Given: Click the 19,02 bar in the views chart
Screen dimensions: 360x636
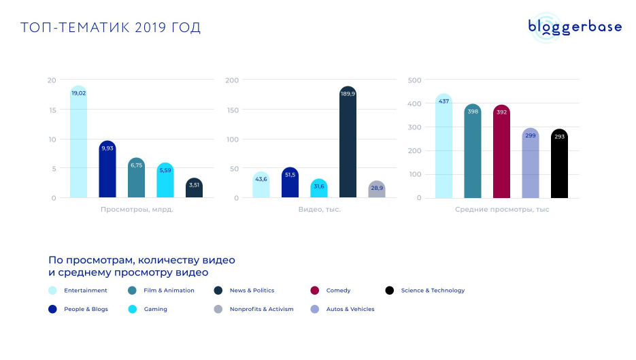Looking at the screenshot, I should coord(79,142).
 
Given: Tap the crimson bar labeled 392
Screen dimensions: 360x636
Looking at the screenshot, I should coord(501,152).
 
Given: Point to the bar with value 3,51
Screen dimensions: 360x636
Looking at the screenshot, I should coord(194,189).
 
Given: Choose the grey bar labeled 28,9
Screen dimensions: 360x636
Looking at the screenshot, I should coord(377,189).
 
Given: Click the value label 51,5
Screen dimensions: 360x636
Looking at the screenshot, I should coord(290,175).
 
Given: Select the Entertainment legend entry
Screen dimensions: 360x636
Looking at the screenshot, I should coord(85,291).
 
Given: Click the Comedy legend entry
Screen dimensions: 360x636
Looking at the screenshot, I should coord(338,291).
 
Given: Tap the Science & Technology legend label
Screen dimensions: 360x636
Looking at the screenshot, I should coord(433,291).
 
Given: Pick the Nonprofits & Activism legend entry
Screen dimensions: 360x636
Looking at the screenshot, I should coord(261,309).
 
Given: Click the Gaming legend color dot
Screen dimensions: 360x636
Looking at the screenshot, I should coord(132,309).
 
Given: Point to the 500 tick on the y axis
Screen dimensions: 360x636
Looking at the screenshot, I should coord(415,80).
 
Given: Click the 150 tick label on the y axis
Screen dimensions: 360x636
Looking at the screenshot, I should coord(232,110).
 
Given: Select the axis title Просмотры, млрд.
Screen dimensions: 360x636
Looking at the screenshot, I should coord(137,210).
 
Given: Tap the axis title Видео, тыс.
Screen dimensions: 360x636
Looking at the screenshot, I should coord(319,210).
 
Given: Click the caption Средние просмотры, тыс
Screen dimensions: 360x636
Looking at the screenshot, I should coord(502,210).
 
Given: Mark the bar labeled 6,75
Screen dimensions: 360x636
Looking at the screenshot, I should coord(136,178).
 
